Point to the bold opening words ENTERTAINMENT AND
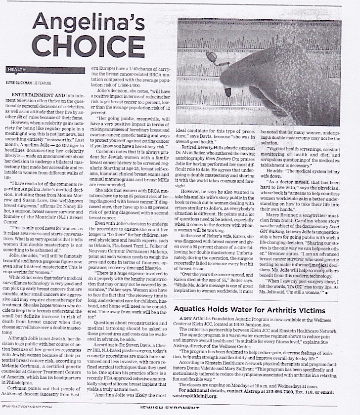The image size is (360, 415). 35,94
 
